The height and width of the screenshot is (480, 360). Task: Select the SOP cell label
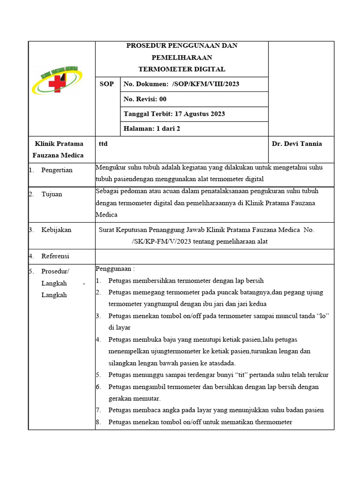coord(107,84)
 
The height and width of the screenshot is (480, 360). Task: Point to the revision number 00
coord(162,99)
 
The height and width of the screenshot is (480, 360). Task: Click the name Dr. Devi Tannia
coord(297,144)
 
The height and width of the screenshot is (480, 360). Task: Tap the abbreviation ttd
coord(103,144)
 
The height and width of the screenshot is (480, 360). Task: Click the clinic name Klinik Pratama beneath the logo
coord(59,144)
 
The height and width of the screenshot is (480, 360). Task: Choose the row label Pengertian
coord(57,170)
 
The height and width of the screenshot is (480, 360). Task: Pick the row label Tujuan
coord(52,194)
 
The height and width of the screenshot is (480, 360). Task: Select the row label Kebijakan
coord(56,230)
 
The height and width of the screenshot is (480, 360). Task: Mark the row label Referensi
coord(55,256)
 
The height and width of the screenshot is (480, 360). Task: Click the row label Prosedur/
coord(55,271)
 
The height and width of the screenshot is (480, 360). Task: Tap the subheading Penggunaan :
coord(115,269)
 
